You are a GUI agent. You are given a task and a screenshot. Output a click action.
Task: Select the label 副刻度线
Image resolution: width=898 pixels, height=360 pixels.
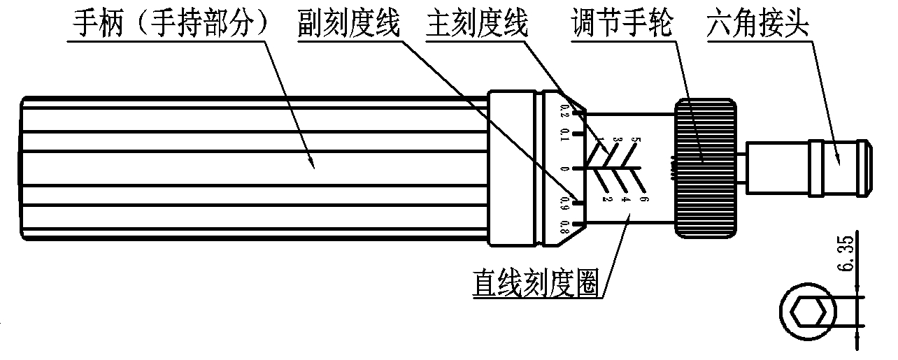[x=346, y=26]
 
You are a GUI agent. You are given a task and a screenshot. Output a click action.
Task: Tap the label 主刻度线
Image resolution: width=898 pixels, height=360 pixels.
[x=477, y=26]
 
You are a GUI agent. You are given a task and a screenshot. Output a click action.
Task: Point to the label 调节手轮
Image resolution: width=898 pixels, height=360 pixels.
[x=621, y=26]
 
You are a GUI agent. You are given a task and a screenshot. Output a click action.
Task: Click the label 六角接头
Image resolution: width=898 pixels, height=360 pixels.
[x=757, y=26]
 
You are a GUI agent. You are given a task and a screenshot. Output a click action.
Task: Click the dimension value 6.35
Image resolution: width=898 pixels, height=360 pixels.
[x=845, y=257]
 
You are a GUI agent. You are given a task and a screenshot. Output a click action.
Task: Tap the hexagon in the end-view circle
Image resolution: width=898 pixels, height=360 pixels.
[x=812, y=312]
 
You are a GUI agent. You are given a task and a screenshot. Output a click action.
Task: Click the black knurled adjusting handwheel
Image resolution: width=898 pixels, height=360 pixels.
[x=705, y=167]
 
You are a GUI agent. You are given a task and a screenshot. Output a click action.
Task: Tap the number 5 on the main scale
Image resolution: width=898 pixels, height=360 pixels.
[x=634, y=140]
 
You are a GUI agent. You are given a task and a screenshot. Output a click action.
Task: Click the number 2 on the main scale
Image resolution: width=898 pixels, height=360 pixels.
[x=607, y=199]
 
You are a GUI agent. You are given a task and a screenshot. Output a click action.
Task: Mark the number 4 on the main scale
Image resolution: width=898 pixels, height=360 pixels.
[x=625, y=199]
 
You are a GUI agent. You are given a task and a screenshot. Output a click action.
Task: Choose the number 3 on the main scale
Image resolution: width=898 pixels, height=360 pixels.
[x=616, y=140]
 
